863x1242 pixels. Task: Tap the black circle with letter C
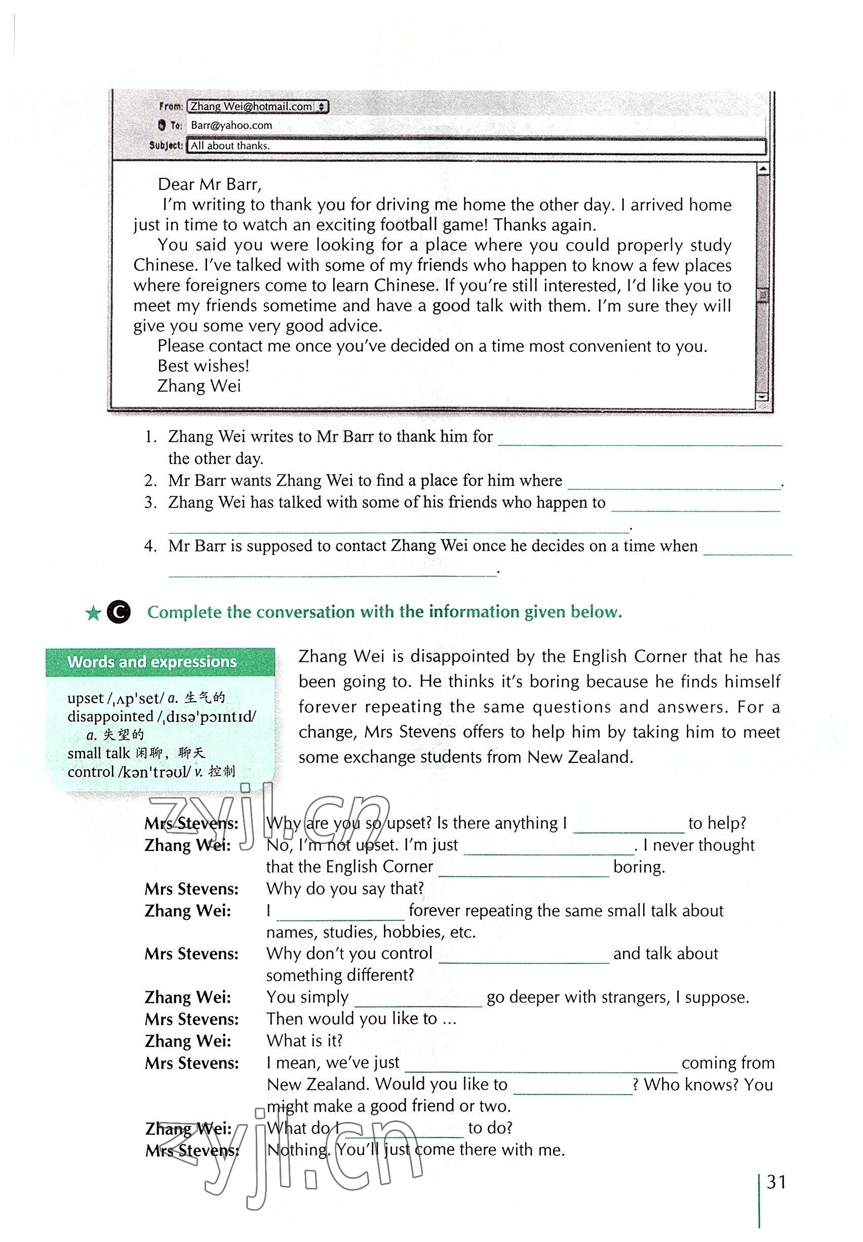click(119, 612)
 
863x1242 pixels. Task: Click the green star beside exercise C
click(93, 613)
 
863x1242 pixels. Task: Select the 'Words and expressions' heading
click(152, 662)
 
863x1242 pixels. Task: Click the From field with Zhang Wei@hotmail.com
click(257, 106)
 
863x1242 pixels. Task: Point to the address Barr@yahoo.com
click(231, 126)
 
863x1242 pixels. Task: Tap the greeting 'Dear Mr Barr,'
click(209, 184)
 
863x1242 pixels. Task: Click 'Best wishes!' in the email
click(203, 366)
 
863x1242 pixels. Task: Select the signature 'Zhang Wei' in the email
click(199, 386)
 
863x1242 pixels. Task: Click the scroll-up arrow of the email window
click(762, 169)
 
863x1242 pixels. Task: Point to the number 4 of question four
click(150, 546)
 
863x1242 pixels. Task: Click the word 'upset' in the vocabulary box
click(86, 698)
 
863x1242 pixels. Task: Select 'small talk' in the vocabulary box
click(99, 753)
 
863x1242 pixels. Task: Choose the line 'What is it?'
click(304, 1041)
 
